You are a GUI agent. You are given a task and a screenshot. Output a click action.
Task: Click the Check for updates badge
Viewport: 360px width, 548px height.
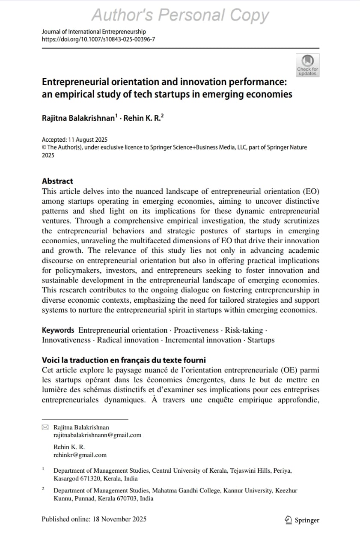307,65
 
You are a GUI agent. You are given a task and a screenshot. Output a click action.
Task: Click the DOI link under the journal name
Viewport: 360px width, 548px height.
98,39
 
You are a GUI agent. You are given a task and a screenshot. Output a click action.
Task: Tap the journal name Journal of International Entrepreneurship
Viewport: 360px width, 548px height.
94,32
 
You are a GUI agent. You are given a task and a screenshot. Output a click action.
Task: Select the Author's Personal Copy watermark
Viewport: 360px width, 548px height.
180,15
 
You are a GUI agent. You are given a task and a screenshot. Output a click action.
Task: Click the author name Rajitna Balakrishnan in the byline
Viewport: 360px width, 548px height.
78,118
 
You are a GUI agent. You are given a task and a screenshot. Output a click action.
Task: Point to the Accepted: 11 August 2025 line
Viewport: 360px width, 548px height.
75,140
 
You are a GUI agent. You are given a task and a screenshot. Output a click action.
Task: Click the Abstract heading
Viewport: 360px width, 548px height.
57,181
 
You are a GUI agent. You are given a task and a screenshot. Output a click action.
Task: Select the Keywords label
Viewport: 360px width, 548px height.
58,330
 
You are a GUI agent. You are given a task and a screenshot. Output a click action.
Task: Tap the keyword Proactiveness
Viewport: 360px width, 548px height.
196,330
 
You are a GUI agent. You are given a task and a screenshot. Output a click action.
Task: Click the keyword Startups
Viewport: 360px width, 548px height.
261,340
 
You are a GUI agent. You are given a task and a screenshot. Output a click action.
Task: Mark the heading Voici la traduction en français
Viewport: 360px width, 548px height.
124,360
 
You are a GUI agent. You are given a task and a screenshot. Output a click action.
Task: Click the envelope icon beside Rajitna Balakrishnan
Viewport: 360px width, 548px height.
45,427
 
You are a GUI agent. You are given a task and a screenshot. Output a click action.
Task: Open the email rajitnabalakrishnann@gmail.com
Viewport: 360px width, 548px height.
97,435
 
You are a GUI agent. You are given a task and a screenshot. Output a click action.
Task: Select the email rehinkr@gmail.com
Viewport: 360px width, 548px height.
80,455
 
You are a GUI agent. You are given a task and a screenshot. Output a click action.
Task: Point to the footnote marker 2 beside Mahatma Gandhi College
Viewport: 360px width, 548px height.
43,488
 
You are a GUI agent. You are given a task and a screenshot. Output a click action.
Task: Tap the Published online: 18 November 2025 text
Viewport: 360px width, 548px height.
94,519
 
